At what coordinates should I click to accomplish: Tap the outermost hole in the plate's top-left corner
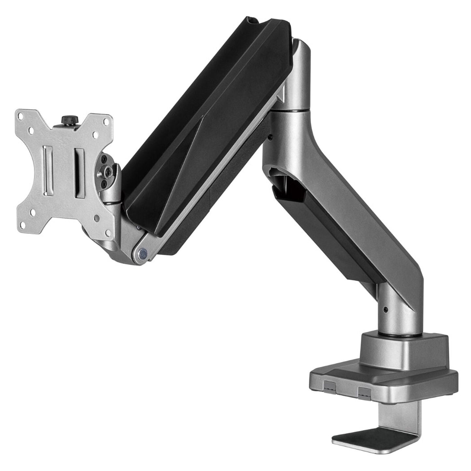[21, 116]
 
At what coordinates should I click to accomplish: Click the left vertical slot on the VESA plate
[48, 171]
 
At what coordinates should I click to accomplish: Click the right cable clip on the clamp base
[364, 392]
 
